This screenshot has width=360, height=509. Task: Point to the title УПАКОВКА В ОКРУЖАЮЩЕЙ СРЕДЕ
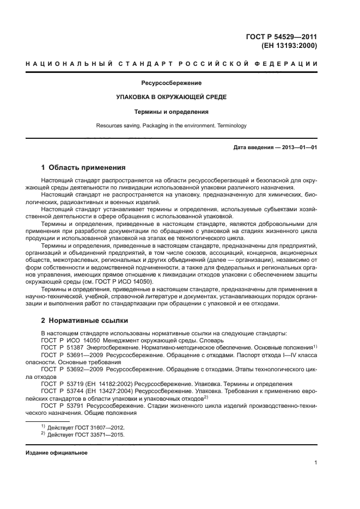(172, 97)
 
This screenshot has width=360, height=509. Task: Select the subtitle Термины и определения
(172, 112)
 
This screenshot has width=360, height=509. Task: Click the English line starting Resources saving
(172, 126)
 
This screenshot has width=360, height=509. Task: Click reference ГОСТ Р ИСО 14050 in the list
(70, 339)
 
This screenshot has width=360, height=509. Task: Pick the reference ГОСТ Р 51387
(64, 347)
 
